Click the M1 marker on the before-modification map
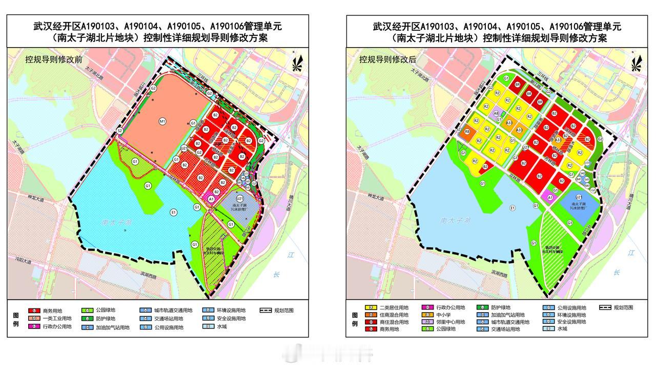(162, 121)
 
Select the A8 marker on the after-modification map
(496, 113)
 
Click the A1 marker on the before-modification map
(211, 199)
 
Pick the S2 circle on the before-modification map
(119, 131)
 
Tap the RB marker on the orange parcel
(467, 132)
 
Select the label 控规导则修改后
(388, 59)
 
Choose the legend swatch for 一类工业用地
(34, 318)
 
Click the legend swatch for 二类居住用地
(369, 307)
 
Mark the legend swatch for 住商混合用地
(369, 315)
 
